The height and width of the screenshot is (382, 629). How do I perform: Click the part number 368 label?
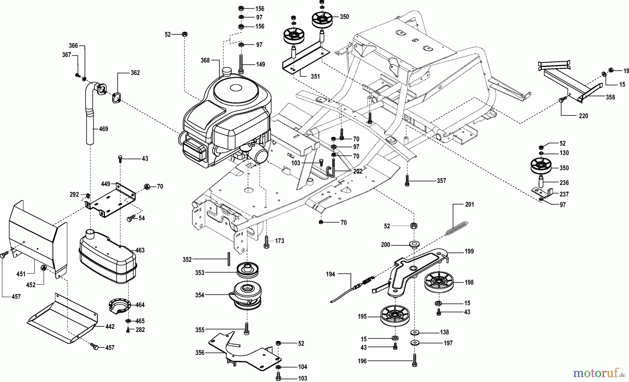pos(205,60)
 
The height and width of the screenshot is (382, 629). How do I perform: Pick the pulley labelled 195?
pos(396,316)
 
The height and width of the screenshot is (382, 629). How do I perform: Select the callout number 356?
pos(200,353)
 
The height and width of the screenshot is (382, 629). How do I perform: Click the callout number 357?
pos(441,181)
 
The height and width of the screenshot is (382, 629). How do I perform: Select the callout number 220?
pos(583,116)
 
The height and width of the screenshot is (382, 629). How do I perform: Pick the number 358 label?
pos(610,97)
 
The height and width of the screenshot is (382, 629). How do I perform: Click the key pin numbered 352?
pos(227,259)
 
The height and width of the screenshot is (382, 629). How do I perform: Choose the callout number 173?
pos(280,241)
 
